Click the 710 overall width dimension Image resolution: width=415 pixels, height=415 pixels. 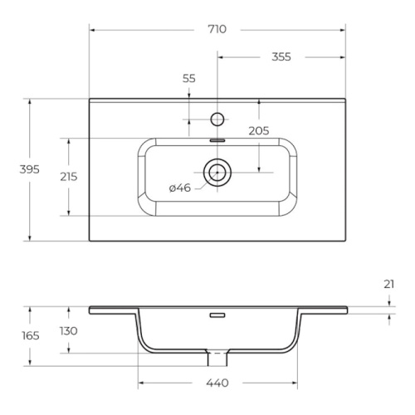[x=217, y=29]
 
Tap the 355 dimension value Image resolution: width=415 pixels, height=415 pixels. [x=281, y=57]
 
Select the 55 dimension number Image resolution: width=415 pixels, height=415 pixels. [x=189, y=79]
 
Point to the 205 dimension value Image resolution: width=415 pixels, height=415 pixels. [x=259, y=131]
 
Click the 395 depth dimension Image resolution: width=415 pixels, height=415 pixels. [x=30, y=169]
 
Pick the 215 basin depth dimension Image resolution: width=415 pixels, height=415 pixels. [x=69, y=177]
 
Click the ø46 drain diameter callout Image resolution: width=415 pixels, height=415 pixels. [x=180, y=188]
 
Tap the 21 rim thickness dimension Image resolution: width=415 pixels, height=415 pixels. [x=388, y=285]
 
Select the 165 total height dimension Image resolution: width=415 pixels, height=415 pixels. [x=31, y=336]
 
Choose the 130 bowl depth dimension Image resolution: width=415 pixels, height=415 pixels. [x=69, y=331]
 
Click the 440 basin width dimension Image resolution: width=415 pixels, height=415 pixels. [x=217, y=383]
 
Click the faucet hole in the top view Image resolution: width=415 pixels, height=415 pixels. [x=217, y=120]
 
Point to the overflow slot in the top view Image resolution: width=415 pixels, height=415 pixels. [x=217, y=140]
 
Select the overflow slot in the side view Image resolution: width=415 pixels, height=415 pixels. [x=217, y=315]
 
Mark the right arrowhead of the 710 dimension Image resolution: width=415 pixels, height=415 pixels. [x=343, y=30]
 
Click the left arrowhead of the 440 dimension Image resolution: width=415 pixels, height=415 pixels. [x=141, y=383]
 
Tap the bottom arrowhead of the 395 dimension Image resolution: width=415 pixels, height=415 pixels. [x=30, y=238]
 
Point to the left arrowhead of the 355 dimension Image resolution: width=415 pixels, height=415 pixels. [x=220, y=57]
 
